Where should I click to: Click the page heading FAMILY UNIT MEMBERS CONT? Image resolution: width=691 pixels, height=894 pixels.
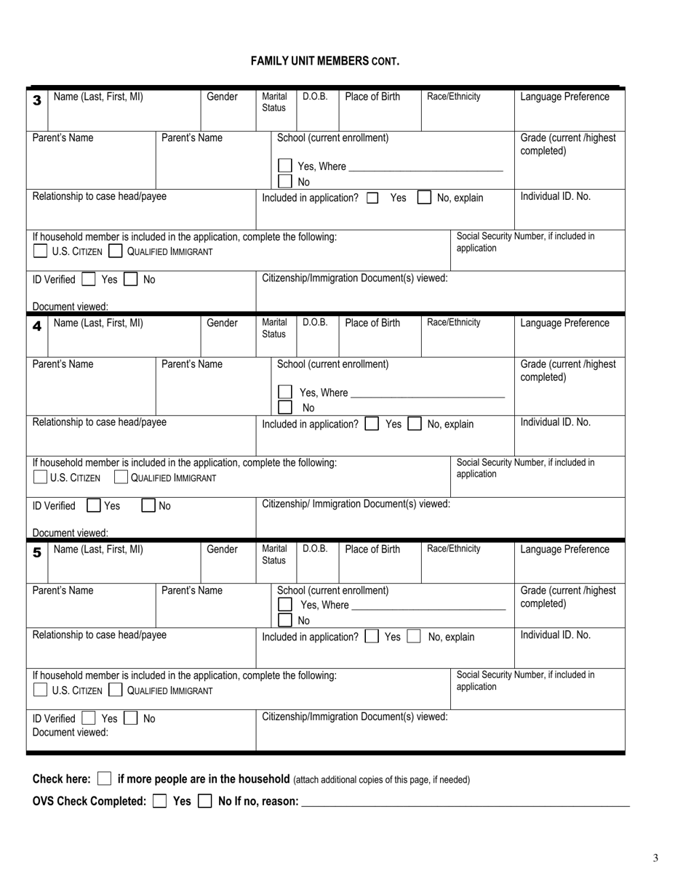(x=325, y=62)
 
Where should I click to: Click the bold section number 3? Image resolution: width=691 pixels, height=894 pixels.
(x=37, y=100)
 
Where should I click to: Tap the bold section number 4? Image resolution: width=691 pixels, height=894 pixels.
(x=37, y=326)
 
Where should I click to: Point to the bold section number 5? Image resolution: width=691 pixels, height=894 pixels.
(x=37, y=553)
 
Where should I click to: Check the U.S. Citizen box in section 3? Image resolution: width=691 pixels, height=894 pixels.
(x=41, y=251)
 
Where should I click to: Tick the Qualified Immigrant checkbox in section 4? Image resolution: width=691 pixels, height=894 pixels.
(x=121, y=478)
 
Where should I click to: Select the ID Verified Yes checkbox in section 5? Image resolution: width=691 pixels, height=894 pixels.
(x=89, y=719)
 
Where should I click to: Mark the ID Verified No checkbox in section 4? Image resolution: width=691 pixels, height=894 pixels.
(x=148, y=506)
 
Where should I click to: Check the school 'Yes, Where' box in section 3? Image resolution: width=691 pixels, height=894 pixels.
(x=285, y=166)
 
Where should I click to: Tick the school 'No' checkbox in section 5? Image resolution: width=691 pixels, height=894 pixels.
(x=285, y=620)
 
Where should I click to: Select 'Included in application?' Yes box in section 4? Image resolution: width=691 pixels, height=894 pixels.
(x=372, y=424)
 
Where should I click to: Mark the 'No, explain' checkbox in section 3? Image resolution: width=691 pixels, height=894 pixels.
(x=424, y=198)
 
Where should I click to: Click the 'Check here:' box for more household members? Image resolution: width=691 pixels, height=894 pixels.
(x=105, y=779)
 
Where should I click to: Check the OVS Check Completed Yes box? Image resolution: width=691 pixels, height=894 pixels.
(x=160, y=801)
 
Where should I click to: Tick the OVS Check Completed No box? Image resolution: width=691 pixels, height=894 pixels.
(x=205, y=801)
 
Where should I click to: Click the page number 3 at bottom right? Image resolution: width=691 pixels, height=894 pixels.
(x=655, y=858)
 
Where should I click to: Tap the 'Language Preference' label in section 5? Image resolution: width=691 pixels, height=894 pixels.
(x=564, y=549)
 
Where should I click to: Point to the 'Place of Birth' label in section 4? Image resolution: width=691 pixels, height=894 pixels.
(x=372, y=323)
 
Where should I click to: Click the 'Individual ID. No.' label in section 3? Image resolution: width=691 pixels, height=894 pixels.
(x=556, y=197)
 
